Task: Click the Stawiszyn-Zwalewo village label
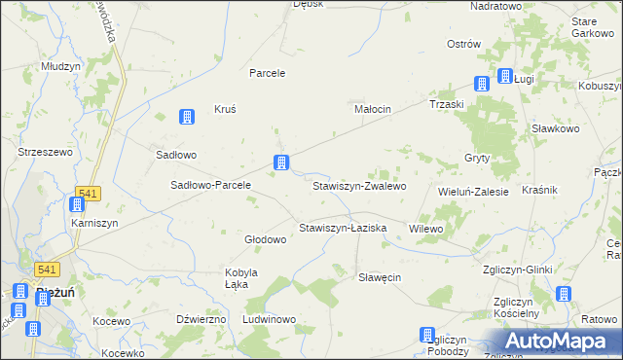pos(358,185)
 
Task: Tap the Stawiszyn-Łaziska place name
pos(343,228)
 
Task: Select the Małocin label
pos(372,110)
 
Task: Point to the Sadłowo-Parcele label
pos(211,185)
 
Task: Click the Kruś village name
pos(225,110)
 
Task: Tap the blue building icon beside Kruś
pos(186,118)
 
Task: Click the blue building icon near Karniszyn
pos(77,204)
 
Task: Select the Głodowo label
pos(265,239)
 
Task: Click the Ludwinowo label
pos(269,319)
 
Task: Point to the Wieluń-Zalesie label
pos(474,193)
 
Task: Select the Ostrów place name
pos(464,44)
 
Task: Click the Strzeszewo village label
pos(46,152)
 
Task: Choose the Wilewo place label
pos(426,229)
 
